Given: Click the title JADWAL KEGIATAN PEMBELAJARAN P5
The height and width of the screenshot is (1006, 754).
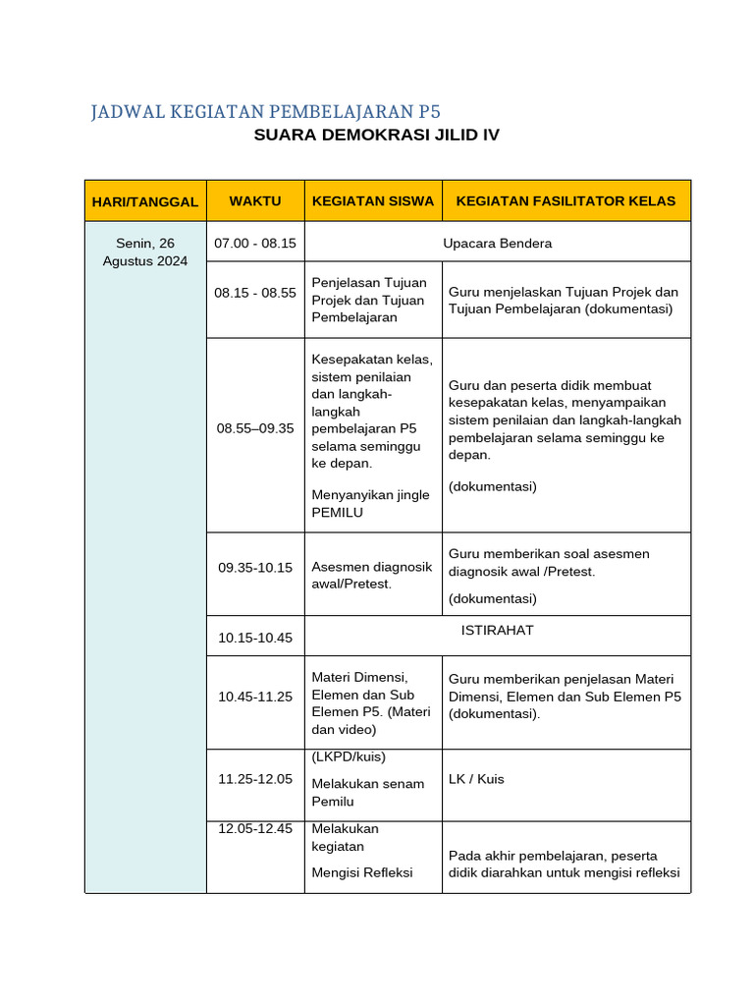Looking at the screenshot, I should click(x=265, y=111).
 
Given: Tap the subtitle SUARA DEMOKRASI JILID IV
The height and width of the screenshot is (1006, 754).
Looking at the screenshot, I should click(x=376, y=135).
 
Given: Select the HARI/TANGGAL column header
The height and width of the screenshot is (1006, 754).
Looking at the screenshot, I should click(x=145, y=201).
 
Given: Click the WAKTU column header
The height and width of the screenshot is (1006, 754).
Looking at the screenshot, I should click(x=255, y=201).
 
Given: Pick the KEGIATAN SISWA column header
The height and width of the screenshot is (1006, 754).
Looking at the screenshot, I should click(x=373, y=201).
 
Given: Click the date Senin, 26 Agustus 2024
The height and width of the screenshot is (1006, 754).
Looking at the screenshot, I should click(x=145, y=252).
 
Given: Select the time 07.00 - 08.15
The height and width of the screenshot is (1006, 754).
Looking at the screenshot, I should click(x=255, y=243).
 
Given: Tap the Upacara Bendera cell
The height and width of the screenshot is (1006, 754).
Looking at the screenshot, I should click(x=497, y=243).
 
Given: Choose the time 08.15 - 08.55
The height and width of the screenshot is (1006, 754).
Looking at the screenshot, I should click(x=255, y=293).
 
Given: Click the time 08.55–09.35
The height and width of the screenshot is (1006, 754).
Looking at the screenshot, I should click(x=255, y=428).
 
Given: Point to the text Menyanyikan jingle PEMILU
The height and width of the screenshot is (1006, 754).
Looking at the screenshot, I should click(x=370, y=503).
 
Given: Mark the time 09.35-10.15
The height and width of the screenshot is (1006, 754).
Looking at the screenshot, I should click(x=255, y=567).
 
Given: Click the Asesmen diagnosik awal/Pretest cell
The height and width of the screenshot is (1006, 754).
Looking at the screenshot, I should click(x=371, y=575).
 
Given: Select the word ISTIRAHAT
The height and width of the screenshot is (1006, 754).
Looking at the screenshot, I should click(x=497, y=630).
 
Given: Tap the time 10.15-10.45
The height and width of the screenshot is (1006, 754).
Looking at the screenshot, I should click(x=255, y=638).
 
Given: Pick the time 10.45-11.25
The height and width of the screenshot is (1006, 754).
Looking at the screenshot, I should click(x=255, y=697).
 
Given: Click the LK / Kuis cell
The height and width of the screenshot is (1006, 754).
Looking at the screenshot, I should click(x=476, y=779).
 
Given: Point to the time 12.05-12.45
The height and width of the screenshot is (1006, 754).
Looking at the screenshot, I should click(x=255, y=828).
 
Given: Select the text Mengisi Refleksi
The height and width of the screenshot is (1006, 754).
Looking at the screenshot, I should click(x=362, y=872).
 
